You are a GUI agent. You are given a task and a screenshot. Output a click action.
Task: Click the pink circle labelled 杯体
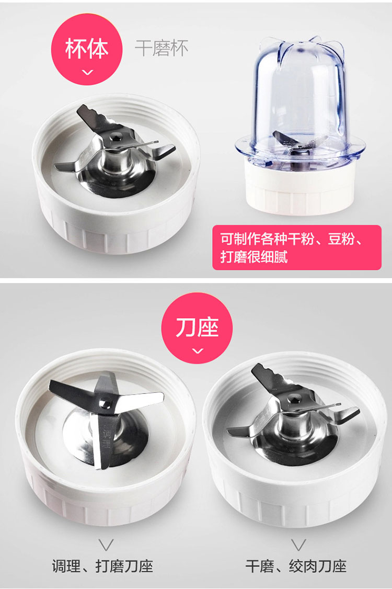pos(87,49)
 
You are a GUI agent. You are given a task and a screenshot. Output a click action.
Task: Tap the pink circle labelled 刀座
pos(197,328)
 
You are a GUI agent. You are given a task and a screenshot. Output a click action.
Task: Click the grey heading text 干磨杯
pos(162,48)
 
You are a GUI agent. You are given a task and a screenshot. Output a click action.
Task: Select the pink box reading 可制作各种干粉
pos(297,247)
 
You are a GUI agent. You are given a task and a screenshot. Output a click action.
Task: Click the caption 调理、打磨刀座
pos(102,567)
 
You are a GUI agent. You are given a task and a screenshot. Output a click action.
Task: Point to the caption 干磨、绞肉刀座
pos(296,567)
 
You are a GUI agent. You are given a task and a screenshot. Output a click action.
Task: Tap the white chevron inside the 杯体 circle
pos(88,72)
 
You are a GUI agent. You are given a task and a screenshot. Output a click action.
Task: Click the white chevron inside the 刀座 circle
pos(198,351)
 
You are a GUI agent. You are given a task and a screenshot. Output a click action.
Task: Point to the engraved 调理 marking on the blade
pos(107,438)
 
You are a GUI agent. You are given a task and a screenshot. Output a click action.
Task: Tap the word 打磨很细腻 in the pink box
pos(254,257)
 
